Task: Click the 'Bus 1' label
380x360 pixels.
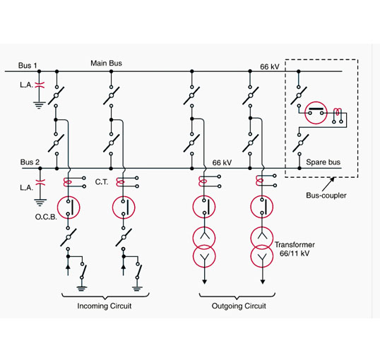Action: tap(28, 66)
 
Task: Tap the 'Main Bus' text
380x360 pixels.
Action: tap(106, 64)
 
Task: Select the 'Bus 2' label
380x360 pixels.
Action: tap(30, 162)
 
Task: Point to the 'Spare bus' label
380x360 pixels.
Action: tap(323, 162)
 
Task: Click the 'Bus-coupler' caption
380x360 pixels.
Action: tap(326, 196)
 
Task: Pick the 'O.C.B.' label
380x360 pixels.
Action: tap(46, 217)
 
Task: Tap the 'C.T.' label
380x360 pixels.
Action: tap(102, 182)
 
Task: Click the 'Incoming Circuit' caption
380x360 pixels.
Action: tap(105, 306)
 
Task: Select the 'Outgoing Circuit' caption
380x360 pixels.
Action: tap(239, 306)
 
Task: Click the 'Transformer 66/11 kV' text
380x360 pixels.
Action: tap(295, 249)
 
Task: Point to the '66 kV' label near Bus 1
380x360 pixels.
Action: tap(270, 66)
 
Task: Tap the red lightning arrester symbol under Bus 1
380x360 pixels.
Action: tap(40, 85)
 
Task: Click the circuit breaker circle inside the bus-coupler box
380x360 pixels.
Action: tap(316, 113)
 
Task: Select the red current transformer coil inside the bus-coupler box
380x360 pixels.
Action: tap(338, 112)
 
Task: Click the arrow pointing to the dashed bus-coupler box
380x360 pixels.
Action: tap(328, 185)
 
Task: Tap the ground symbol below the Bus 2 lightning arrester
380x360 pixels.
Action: tap(40, 203)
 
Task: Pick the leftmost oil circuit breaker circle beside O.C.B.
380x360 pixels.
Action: tap(69, 208)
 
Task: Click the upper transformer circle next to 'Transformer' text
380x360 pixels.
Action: tap(262, 238)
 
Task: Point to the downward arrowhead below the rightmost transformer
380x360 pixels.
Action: tap(263, 282)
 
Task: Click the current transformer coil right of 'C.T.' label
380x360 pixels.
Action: tap(121, 182)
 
